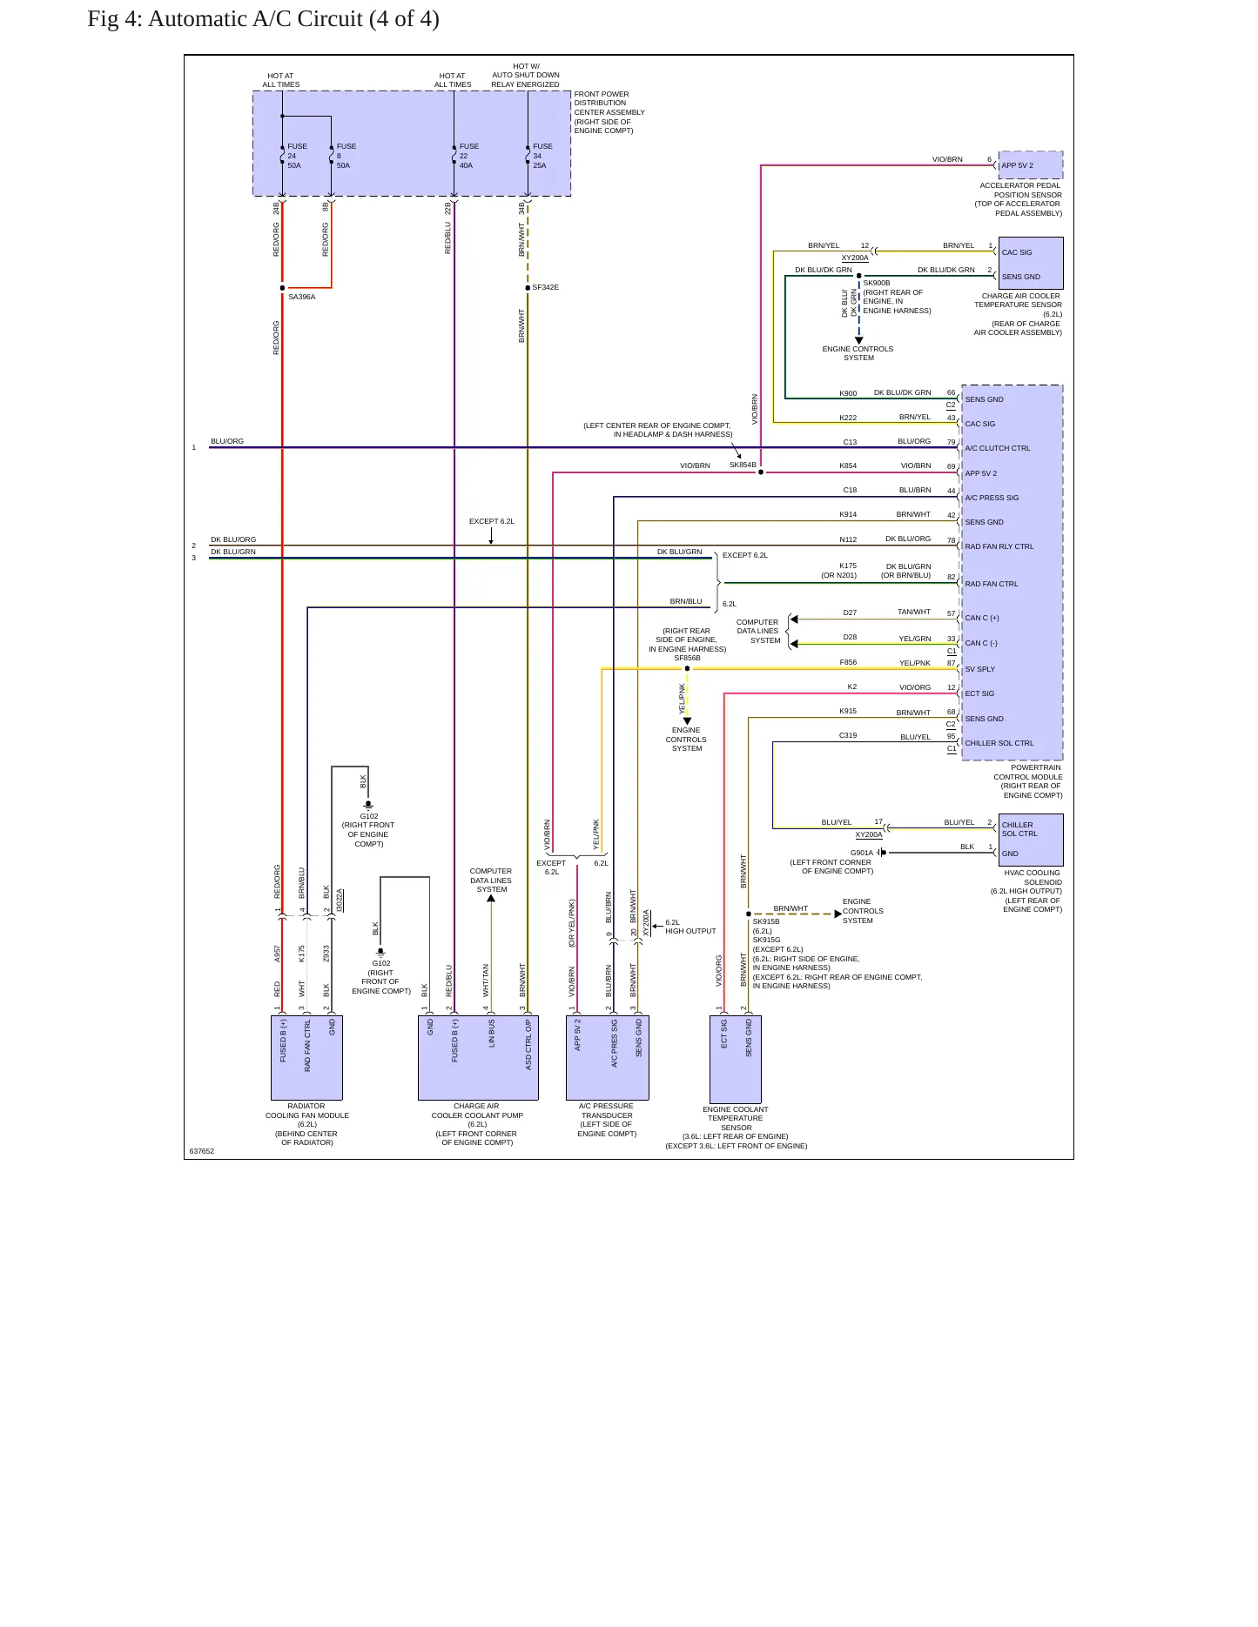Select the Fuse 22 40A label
(468, 156)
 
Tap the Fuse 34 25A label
(542, 156)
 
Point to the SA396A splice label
(301, 297)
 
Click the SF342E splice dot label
(545, 287)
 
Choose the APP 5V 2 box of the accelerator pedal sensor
(1031, 165)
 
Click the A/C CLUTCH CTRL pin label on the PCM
(998, 448)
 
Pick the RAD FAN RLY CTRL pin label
(999, 546)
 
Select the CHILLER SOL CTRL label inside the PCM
(999, 743)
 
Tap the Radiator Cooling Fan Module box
(306, 1058)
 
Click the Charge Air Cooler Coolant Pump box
(478, 1058)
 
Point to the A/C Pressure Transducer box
(607, 1058)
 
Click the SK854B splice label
(743, 465)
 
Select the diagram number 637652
(201, 1151)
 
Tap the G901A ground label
(862, 853)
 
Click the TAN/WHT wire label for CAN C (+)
(914, 612)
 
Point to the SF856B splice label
(687, 658)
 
